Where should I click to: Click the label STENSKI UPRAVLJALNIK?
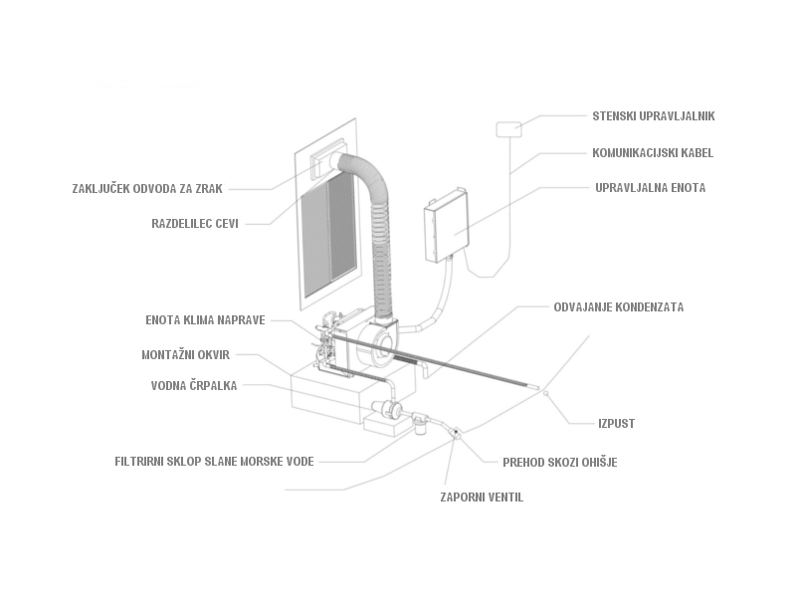point(653,116)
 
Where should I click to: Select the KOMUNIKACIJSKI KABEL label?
point(653,153)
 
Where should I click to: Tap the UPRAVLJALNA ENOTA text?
point(650,188)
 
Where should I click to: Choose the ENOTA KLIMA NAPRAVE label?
point(205,320)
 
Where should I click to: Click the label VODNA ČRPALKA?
point(194,386)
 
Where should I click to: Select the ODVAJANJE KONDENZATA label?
point(618,307)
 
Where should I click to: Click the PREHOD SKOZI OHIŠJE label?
point(559,463)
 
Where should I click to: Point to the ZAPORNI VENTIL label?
point(482,497)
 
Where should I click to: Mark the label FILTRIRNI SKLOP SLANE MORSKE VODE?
point(214,462)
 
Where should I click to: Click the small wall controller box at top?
point(508,128)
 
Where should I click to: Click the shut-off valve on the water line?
point(453,433)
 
